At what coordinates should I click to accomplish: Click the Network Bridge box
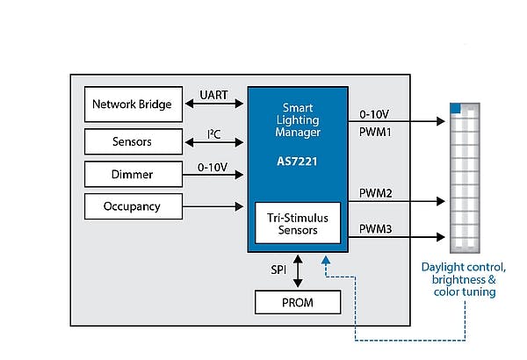[x=133, y=104]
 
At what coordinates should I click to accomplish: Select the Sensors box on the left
[x=133, y=141]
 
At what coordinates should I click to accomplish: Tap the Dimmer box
[x=133, y=174]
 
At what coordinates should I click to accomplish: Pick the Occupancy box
[x=133, y=207]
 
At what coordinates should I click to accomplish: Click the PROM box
[x=297, y=302]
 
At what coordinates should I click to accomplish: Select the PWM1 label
[x=376, y=133]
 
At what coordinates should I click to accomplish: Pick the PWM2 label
[x=376, y=191]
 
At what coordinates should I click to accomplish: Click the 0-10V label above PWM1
[x=376, y=114]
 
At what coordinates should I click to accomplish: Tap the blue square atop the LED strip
[x=455, y=109]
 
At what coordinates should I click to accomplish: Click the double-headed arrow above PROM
[x=297, y=270]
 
